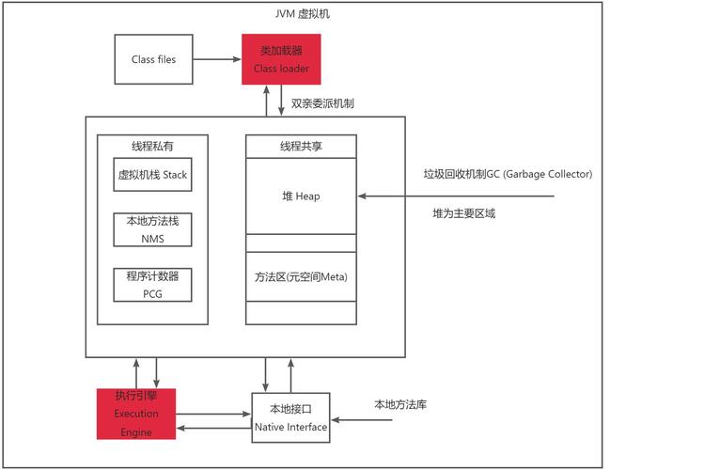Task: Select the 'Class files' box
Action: (x=153, y=59)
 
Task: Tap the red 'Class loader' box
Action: (x=281, y=59)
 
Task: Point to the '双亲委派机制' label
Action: (x=322, y=102)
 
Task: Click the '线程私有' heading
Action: (x=152, y=146)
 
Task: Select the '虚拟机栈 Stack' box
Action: (x=152, y=175)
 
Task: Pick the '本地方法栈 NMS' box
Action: (x=152, y=229)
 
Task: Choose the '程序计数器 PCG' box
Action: (x=152, y=285)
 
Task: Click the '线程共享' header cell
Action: (x=301, y=146)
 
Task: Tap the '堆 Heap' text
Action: (x=301, y=196)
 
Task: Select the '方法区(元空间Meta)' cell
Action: (x=301, y=277)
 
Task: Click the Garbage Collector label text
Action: (x=507, y=174)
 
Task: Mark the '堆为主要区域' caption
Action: (x=463, y=214)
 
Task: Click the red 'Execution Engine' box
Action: (x=136, y=414)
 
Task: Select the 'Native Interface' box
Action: (x=290, y=418)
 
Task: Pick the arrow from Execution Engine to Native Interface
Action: (x=213, y=414)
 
